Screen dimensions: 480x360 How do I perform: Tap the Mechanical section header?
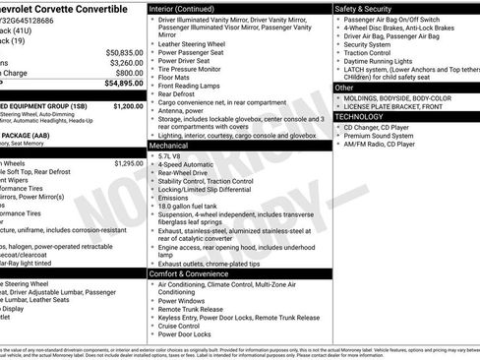[x=169, y=144]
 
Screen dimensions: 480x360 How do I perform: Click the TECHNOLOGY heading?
[x=359, y=116]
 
